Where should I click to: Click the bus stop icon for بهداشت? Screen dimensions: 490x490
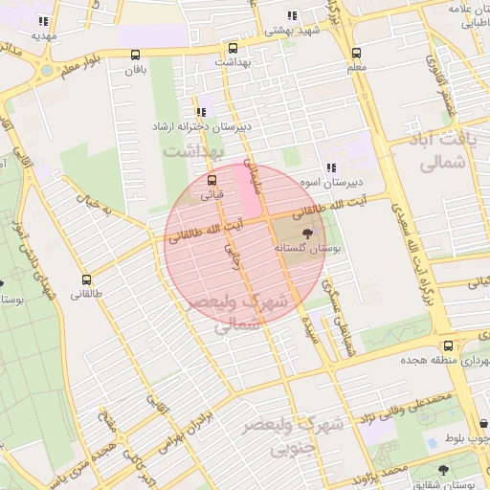[x=233, y=48]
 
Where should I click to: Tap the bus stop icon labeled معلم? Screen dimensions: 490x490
[x=356, y=53]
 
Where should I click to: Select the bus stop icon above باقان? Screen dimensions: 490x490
[x=135, y=55]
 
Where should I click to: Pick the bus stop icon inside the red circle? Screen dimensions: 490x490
[x=212, y=179]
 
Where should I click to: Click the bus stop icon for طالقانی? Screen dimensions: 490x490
[x=87, y=280]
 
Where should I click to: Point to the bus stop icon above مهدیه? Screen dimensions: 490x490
[x=43, y=21]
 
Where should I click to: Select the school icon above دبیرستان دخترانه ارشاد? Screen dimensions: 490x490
[x=201, y=112]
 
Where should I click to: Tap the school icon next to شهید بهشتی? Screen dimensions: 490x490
[x=291, y=16]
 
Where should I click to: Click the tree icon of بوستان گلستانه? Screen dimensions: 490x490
[x=307, y=233]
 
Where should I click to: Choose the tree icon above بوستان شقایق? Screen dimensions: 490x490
[x=442, y=470]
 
